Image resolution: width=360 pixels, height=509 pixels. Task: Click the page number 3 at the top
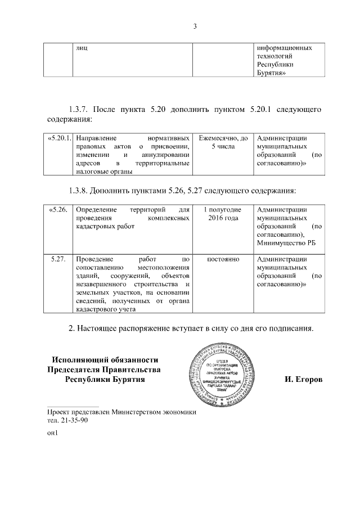(x=195, y=26)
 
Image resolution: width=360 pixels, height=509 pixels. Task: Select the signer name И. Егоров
(x=303, y=380)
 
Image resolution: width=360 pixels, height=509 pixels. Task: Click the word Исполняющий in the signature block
(x=78, y=359)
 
